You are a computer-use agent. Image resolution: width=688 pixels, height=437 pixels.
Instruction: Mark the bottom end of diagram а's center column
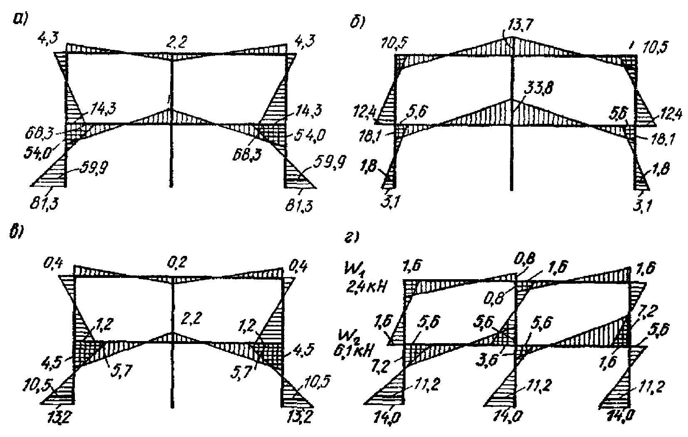pos(172,187)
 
